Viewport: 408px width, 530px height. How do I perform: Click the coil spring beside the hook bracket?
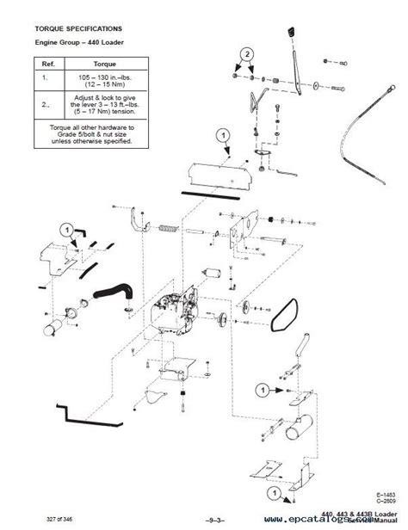tap(168, 230)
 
